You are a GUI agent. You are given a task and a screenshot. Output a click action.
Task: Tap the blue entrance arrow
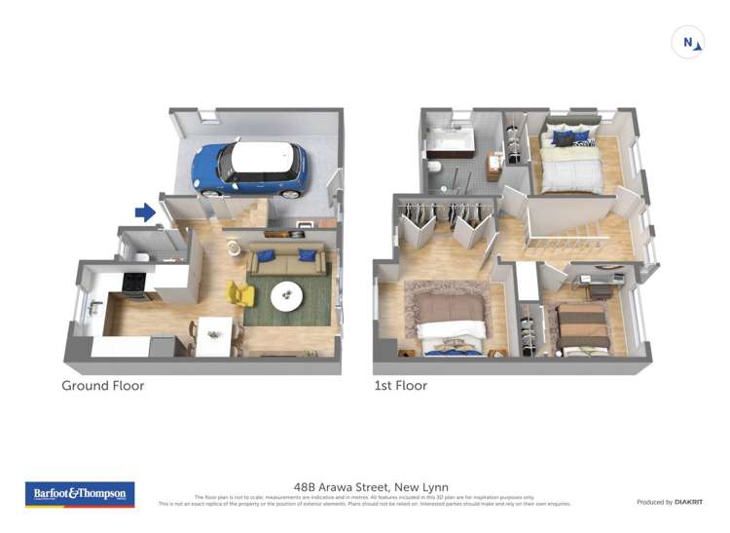tap(145, 212)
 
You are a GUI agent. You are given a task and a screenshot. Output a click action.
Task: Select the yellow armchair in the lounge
tap(239, 293)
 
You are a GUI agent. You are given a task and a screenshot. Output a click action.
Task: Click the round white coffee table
tap(286, 295)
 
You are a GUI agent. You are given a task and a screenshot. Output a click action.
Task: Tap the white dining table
tap(214, 334)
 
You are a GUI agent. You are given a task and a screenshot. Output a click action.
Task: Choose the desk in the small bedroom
tap(597, 281)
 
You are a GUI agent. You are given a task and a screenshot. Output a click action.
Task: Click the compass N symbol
tap(688, 43)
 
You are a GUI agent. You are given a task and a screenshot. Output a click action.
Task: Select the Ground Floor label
tap(103, 386)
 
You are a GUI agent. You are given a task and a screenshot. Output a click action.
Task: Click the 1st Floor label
tap(400, 386)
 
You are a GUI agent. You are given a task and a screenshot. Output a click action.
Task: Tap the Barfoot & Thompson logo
tap(79, 494)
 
